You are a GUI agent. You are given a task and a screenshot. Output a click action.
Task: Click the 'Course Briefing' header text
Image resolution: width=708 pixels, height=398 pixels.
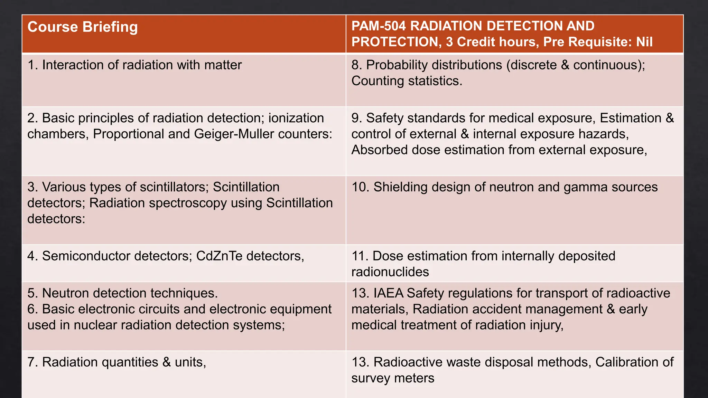83,27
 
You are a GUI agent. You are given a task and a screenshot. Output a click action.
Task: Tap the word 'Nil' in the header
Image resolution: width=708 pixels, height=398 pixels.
644,42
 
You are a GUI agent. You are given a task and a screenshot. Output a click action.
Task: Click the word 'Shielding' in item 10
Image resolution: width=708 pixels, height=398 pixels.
400,187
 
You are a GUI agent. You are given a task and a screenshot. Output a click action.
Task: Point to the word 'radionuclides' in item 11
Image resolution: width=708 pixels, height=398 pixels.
390,272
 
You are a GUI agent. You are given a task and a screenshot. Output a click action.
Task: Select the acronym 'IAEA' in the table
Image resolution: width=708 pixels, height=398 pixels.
388,293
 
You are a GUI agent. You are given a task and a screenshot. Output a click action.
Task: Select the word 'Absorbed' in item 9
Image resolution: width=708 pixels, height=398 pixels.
378,150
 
